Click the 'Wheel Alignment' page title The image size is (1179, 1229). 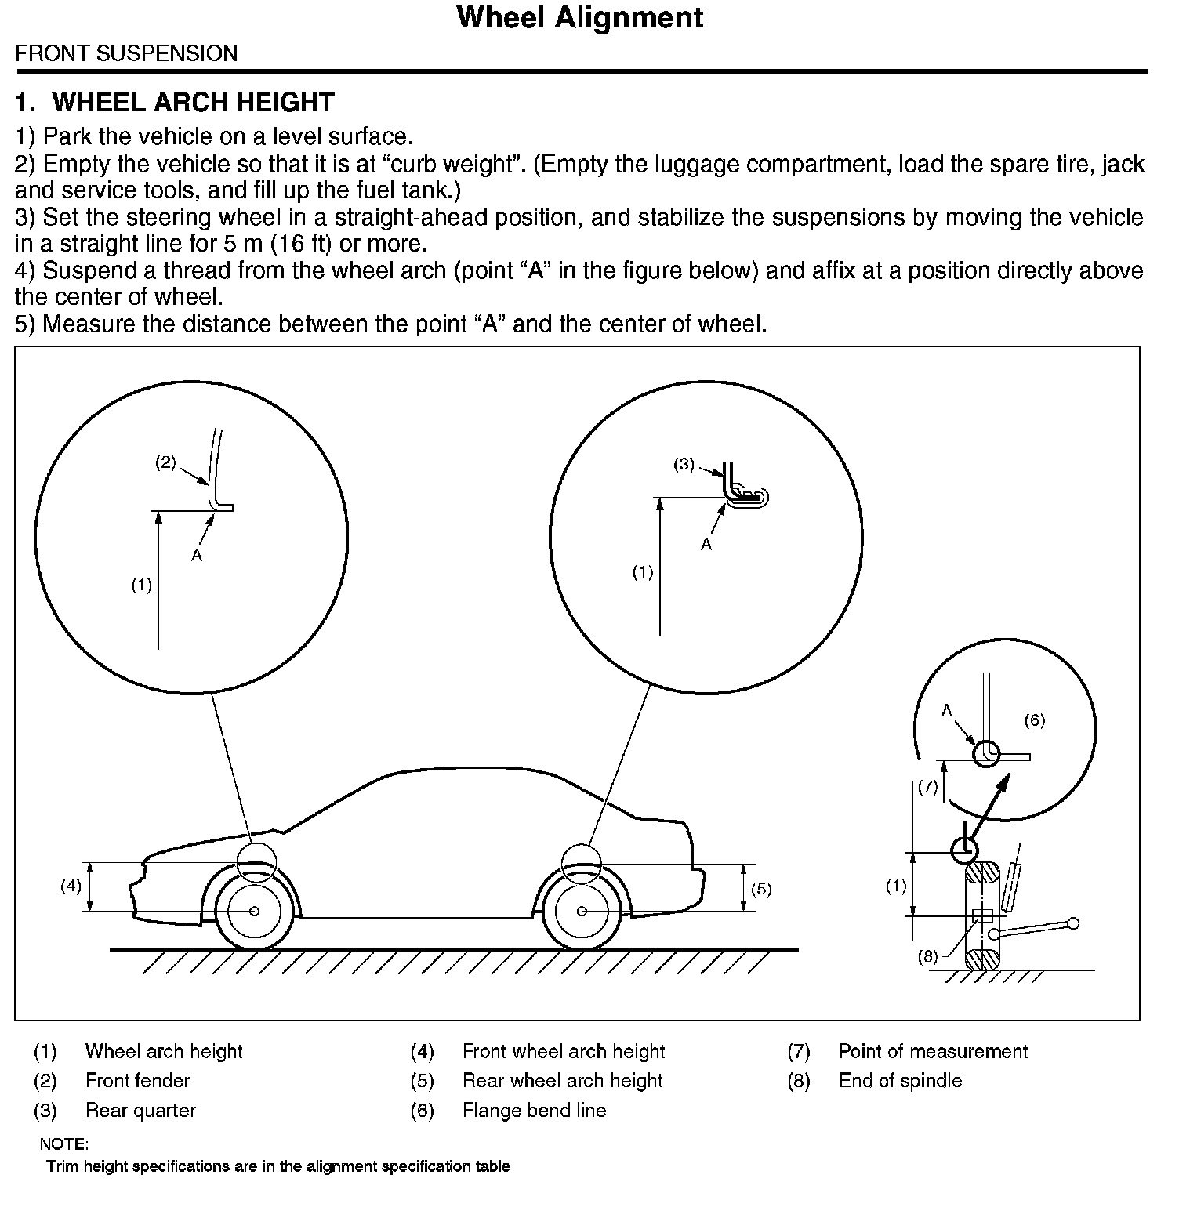coord(579,17)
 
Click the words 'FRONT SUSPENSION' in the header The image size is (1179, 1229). coord(126,53)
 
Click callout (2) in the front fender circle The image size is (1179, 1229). coord(165,462)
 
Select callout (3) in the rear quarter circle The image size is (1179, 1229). coord(684,464)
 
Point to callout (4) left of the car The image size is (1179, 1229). coord(71,886)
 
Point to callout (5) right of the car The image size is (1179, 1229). coord(761,889)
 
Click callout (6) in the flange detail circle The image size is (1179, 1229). coord(1035,720)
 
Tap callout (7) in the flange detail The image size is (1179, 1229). coord(927,787)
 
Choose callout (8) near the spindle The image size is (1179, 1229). coord(927,956)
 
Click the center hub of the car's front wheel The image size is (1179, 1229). coord(254,911)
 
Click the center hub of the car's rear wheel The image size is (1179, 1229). coord(582,911)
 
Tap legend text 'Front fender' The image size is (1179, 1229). coord(138,1081)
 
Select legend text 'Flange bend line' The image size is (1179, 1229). coord(534,1111)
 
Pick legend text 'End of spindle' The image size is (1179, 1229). coord(900,1081)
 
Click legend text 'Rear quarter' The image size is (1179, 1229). coord(140,1111)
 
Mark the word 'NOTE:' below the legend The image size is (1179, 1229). coord(64,1144)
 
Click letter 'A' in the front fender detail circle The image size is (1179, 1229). coord(197,555)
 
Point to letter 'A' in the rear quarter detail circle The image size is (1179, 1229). coord(706,544)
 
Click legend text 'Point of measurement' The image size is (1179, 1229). coord(933,1051)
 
